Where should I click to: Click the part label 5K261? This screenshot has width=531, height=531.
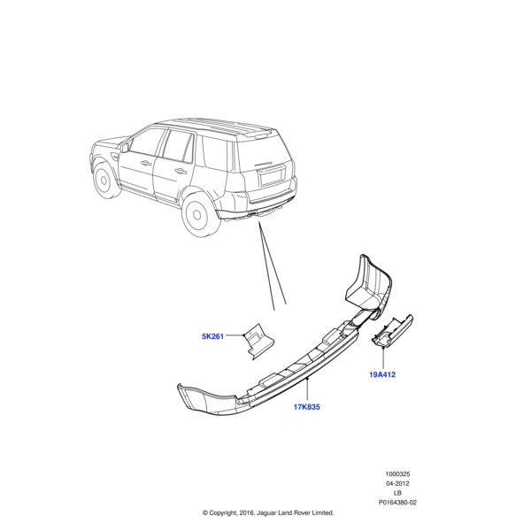[x=212, y=336]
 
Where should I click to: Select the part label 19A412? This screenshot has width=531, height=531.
[x=382, y=374]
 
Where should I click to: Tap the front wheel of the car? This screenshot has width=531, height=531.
[x=105, y=181]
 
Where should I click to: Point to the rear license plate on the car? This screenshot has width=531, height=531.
[x=269, y=177]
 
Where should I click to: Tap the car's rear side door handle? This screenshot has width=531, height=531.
[x=181, y=171]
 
